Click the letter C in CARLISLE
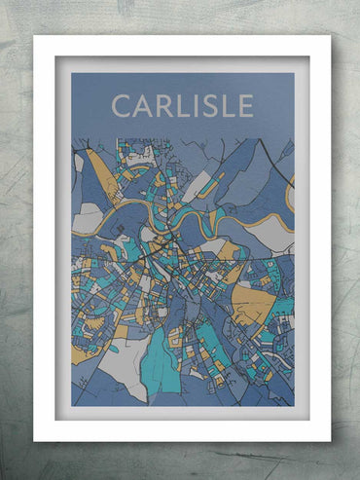click(121, 105)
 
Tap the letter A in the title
click(142, 105)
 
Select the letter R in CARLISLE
click(162, 105)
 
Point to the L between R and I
click(180, 105)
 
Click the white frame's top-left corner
click(35, 38)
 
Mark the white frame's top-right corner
click(329, 38)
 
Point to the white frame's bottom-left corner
click(35, 440)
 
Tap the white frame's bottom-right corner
click(329, 440)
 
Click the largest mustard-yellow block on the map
click(253, 305)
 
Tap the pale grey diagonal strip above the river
click(198, 185)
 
